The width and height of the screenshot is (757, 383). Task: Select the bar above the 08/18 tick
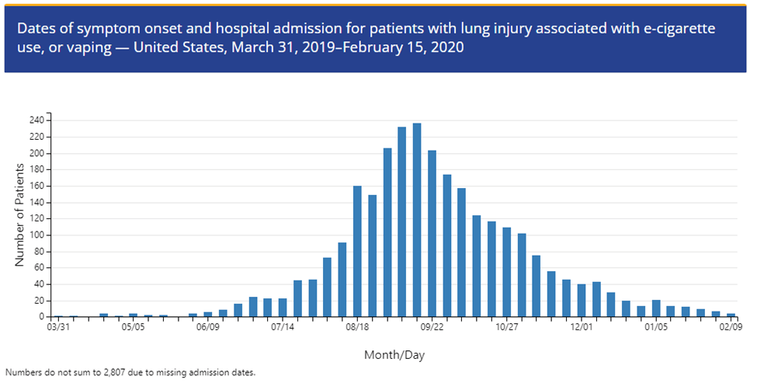pos(357,252)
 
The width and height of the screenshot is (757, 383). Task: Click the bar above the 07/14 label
pos(283,308)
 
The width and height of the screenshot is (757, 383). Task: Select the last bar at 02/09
pos(731,315)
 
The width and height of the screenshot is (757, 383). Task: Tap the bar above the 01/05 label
pos(656,308)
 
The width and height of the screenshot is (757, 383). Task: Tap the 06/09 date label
pos(208,328)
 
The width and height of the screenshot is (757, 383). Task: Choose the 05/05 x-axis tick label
pos(134,328)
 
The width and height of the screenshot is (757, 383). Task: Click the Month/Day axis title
pos(394,355)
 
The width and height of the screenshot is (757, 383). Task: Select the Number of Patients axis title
pos(19,219)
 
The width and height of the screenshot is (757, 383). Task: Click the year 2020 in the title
pos(449,47)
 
